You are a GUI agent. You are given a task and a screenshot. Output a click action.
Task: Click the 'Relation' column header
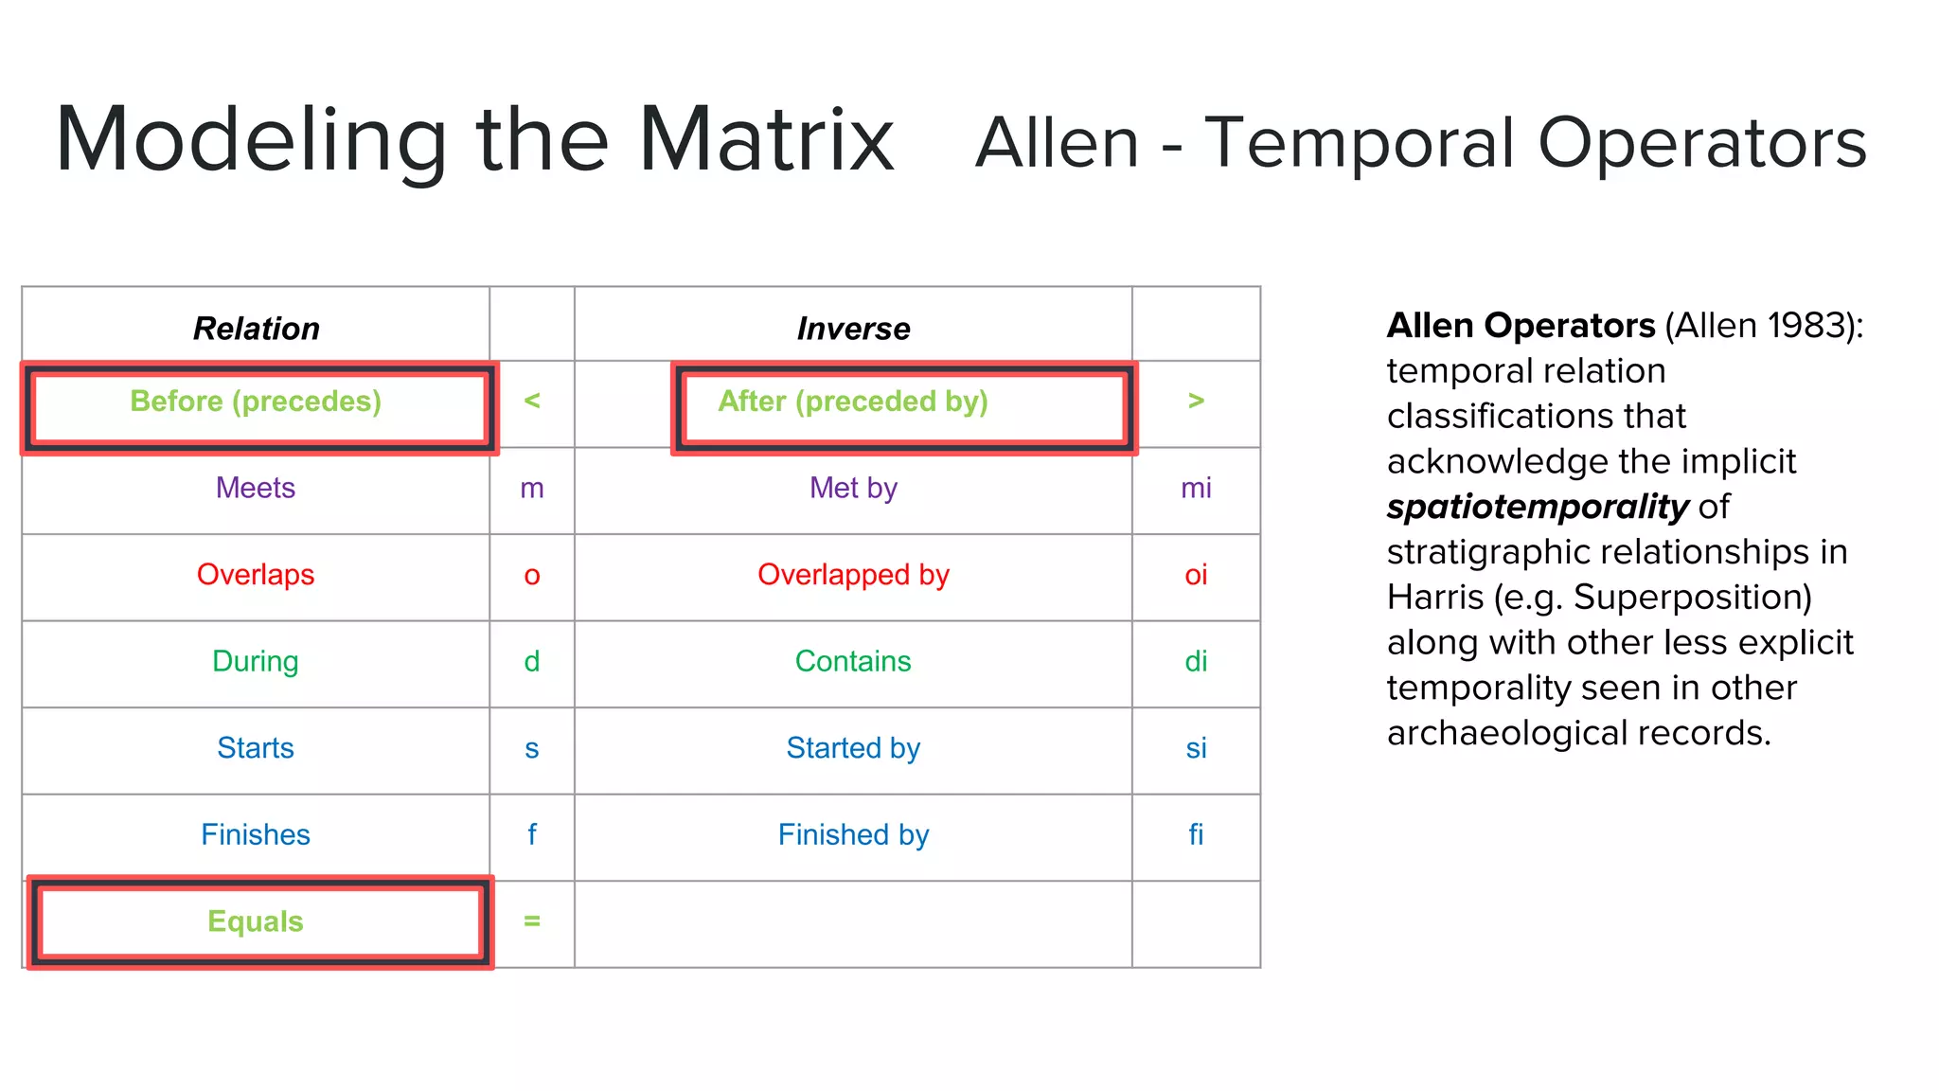click(x=256, y=329)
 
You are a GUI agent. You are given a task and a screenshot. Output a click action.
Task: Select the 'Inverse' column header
click(x=853, y=329)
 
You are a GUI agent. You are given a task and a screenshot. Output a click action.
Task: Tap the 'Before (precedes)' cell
click(x=256, y=402)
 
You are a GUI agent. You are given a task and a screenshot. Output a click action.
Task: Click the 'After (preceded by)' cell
click(x=853, y=402)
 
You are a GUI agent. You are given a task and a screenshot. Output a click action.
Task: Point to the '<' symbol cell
click(x=532, y=402)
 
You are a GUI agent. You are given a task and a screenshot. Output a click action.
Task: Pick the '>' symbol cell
click(x=1196, y=402)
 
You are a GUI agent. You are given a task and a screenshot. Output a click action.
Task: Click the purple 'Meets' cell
click(x=256, y=488)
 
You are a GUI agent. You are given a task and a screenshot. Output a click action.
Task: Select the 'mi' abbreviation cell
click(x=1196, y=488)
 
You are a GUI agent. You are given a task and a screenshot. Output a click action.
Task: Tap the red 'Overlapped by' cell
click(x=853, y=575)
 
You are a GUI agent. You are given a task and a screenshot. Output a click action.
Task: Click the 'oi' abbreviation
click(x=1196, y=575)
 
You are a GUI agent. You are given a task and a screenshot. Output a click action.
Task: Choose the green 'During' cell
click(x=256, y=661)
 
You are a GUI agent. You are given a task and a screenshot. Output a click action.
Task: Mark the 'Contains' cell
click(x=853, y=661)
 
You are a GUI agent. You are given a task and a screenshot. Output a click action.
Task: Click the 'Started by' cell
click(x=853, y=748)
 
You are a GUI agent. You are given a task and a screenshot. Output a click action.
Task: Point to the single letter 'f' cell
click(x=532, y=834)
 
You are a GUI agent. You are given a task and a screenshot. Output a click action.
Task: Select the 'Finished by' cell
click(x=853, y=834)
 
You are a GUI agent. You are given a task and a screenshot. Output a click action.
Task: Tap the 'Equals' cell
click(x=256, y=921)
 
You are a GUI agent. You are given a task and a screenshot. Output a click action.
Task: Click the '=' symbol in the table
click(x=532, y=921)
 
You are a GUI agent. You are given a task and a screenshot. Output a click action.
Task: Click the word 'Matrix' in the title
click(x=766, y=140)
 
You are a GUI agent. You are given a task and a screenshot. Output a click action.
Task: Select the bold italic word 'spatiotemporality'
click(x=1538, y=507)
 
